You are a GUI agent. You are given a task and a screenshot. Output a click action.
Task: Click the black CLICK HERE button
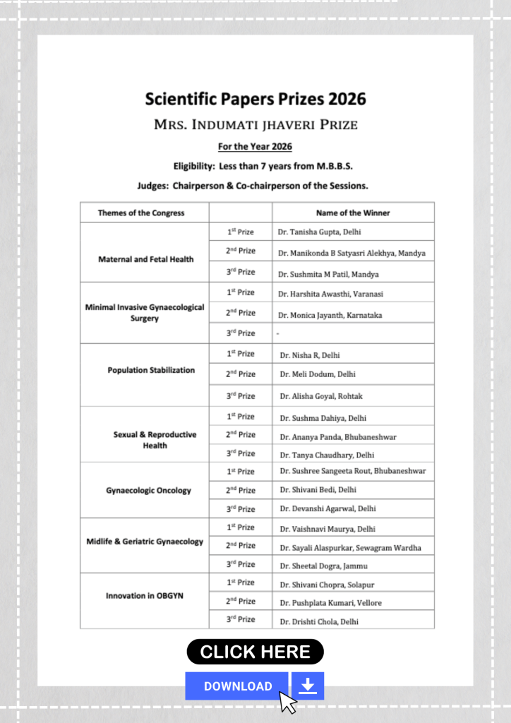click(x=255, y=652)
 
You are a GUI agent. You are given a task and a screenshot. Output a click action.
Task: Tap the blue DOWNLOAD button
click(x=237, y=686)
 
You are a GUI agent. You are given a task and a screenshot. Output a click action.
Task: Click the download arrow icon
click(x=308, y=686)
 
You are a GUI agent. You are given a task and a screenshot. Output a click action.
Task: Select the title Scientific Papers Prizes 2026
click(x=255, y=98)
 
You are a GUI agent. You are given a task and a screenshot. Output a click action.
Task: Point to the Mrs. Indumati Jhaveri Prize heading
click(x=255, y=125)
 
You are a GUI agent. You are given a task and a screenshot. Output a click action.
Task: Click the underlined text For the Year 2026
click(x=255, y=147)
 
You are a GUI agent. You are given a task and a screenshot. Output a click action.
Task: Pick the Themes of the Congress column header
click(x=141, y=213)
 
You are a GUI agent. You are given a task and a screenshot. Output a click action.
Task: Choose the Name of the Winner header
click(x=353, y=213)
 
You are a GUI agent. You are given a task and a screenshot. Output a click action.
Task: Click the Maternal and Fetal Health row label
click(x=145, y=259)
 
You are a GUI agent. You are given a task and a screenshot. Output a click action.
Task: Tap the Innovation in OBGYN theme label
click(x=145, y=596)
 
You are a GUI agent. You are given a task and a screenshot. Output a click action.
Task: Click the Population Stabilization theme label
click(x=151, y=370)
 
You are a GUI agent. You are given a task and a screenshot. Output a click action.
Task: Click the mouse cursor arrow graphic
click(x=287, y=701)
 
